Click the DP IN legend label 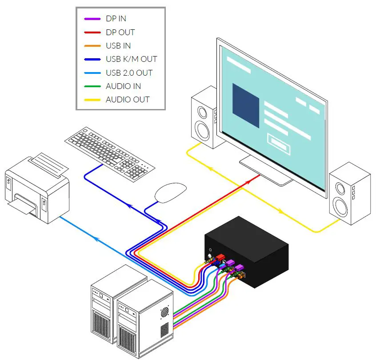tap(116, 19)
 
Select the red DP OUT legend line tap(92, 32)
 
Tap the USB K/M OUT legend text tap(131, 59)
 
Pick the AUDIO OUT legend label tap(128, 100)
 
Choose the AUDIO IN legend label tap(123, 86)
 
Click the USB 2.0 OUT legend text tap(129, 73)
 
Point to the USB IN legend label tap(118, 46)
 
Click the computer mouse tap(170, 193)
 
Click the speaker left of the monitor tap(204, 117)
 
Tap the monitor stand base tap(267, 171)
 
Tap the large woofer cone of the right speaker tap(342, 207)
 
